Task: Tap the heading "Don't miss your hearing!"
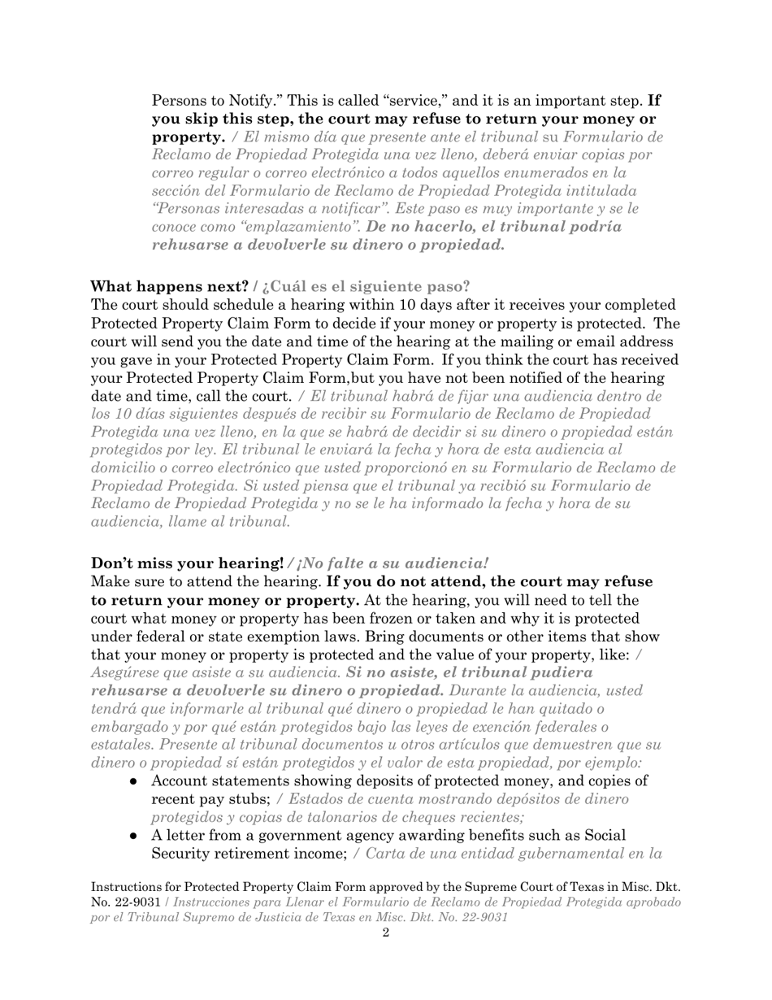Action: click(x=187, y=563)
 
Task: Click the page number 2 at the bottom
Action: click(x=385, y=933)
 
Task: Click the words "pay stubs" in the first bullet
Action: click(x=229, y=799)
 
